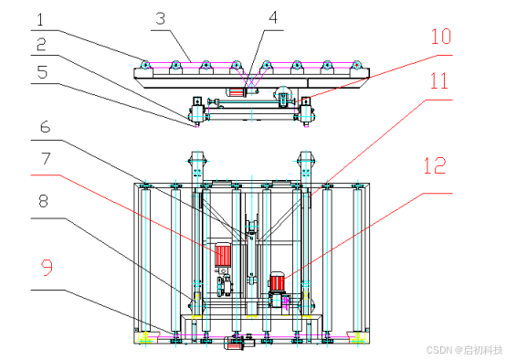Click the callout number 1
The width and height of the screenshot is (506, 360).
pyautogui.click(x=40, y=20)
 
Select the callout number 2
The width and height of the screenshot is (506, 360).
pyautogui.click(x=41, y=44)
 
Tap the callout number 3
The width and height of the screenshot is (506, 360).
pyautogui.click(x=161, y=18)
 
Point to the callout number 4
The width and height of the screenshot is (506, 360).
pyautogui.click(x=273, y=17)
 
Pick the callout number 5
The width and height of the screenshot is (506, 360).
pyautogui.click(x=42, y=72)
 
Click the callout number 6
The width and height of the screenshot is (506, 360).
pyautogui.click(x=45, y=127)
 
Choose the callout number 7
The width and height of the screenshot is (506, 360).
pyautogui.click(x=46, y=159)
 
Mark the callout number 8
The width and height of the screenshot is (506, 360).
pyautogui.click(x=43, y=201)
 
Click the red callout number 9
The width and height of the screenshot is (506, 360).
pyautogui.click(x=47, y=268)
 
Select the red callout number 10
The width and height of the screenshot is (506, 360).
pyautogui.click(x=441, y=37)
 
